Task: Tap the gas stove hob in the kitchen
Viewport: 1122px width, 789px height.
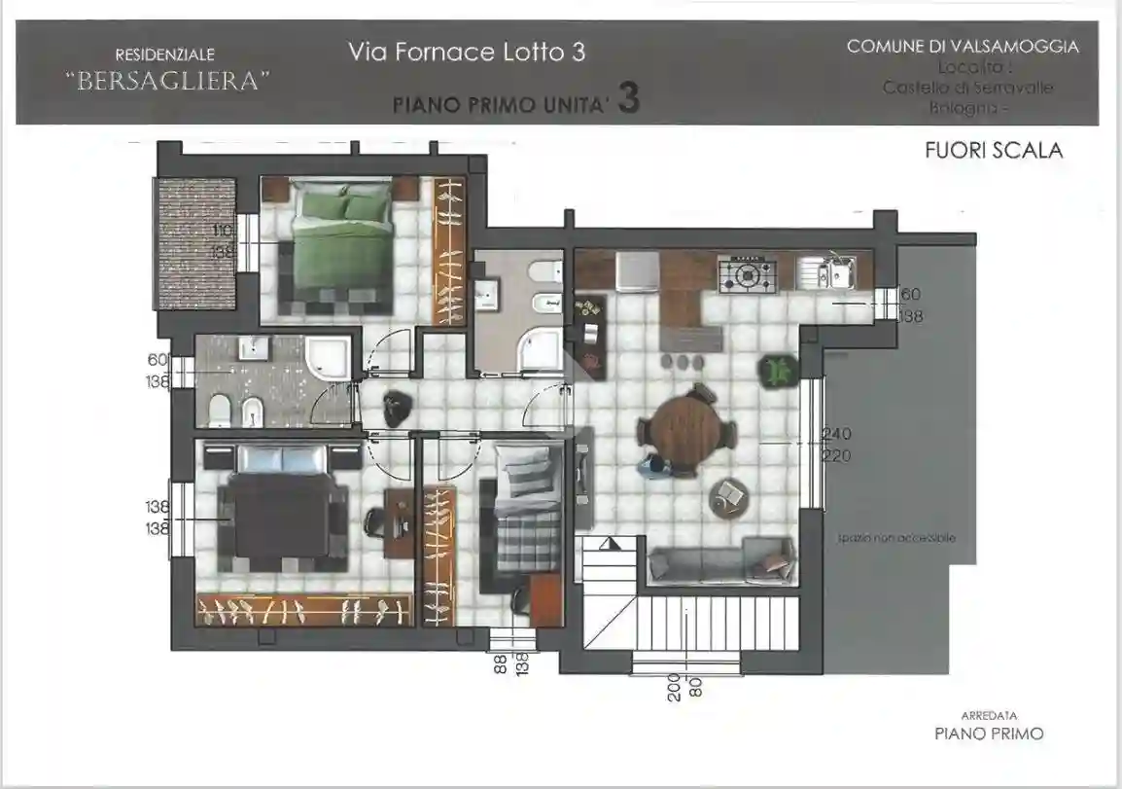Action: click(747, 275)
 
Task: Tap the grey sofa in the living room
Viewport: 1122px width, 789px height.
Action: click(720, 561)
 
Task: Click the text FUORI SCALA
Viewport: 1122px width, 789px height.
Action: click(993, 151)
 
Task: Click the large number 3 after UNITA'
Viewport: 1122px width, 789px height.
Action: click(628, 100)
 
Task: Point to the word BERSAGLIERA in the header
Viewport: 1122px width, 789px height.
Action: click(165, 82)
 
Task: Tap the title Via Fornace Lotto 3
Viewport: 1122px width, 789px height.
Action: click(467, 53)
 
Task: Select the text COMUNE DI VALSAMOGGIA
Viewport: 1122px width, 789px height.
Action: click(962, 47)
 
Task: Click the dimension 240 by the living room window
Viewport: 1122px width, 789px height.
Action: click(837, 435)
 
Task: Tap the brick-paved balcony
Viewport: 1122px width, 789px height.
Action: click(197, 240)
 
